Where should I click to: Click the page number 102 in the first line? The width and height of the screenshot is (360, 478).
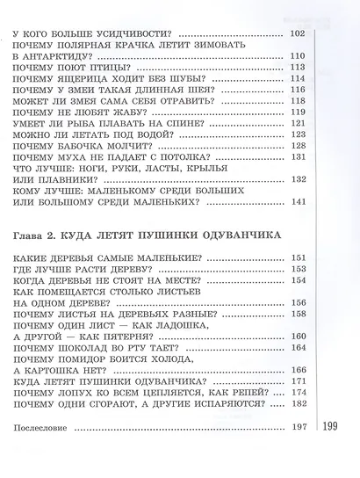(x=296, y=33)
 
